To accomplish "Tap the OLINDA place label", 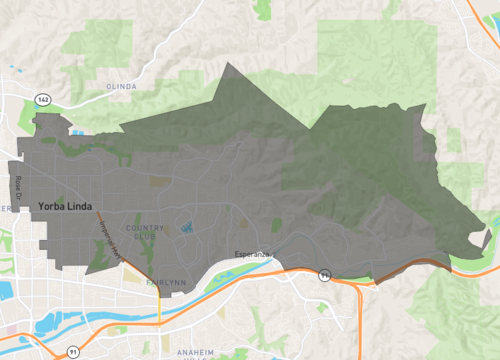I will tap(121, 87).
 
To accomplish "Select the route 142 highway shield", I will tap(42, 100).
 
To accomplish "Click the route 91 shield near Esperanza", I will tap(324, 272).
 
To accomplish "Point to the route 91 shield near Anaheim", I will tap(73, 351).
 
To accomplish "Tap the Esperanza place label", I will tap(253, 254).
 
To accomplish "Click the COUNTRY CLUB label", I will tap(147, 232).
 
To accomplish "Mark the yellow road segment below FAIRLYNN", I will tap(159, 305).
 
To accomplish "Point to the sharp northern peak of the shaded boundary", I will tap(231, 65).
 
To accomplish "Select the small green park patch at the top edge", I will tap(263, 9).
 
